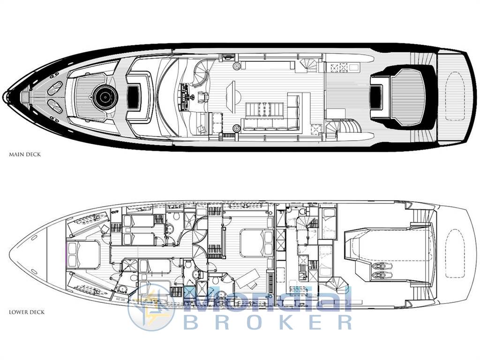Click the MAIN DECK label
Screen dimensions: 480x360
(25, 155)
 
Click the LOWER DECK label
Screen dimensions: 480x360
(27, 312)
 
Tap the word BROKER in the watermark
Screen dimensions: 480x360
(268, 321)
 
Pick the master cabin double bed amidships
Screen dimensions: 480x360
(257, 243)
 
